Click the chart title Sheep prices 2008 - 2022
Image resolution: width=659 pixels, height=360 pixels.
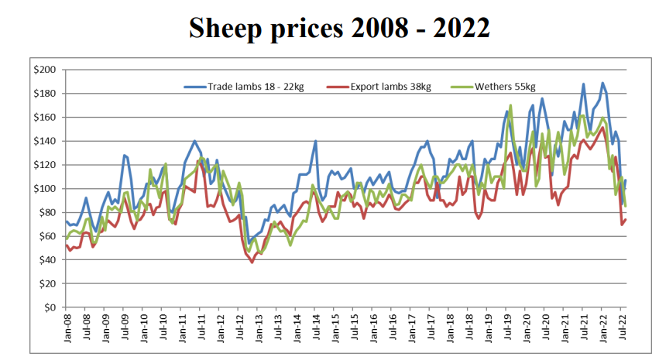(339, 28)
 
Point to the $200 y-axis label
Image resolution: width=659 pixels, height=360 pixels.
(44, 70)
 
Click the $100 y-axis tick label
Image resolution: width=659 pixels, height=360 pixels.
(44, 188)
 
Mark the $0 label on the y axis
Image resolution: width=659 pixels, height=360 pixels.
(49, 307)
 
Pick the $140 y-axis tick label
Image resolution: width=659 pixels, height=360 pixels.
(44, 141)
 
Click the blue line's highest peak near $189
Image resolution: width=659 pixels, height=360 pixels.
(602, 83)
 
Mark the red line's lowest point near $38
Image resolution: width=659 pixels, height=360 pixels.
(252, 262)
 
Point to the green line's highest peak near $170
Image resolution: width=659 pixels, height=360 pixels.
(511, 105)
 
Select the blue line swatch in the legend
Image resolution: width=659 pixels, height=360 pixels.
(194, 86)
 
